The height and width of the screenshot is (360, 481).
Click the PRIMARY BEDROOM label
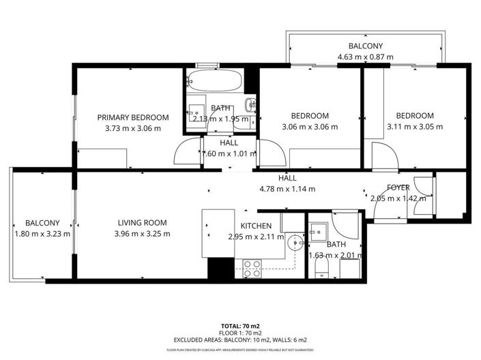[132, 117]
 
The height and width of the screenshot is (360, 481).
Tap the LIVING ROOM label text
[142, 223]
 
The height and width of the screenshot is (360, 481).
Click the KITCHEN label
[257, 226]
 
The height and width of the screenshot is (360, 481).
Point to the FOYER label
[398, 187]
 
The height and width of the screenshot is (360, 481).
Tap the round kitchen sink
[294, 241]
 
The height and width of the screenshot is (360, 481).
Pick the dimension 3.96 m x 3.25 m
[142, 234]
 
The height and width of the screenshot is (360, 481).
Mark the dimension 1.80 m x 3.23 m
[42, 234]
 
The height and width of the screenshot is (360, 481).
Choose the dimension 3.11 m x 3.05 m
[415, 126]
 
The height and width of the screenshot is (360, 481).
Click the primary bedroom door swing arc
[184, 153]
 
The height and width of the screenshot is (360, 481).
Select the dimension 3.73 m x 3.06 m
[132, 128]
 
